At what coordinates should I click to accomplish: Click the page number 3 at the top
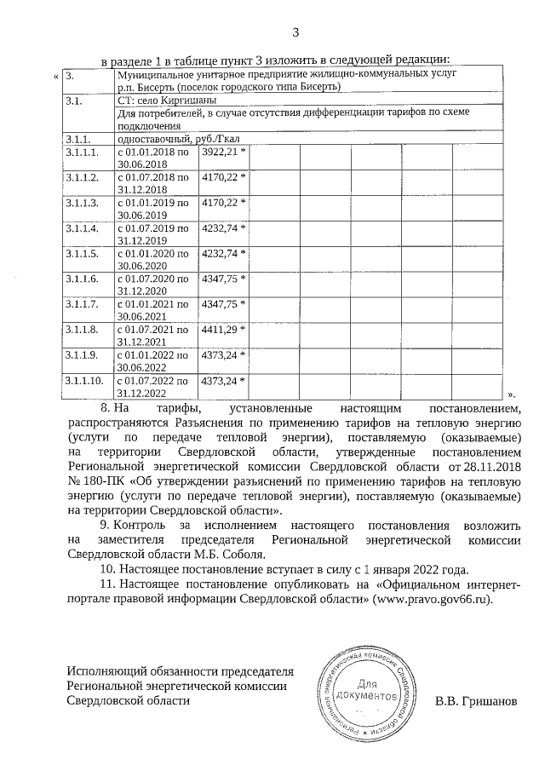(295, 33)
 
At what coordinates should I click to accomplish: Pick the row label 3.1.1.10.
(83, 380)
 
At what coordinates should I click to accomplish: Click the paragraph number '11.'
(108, 585)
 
